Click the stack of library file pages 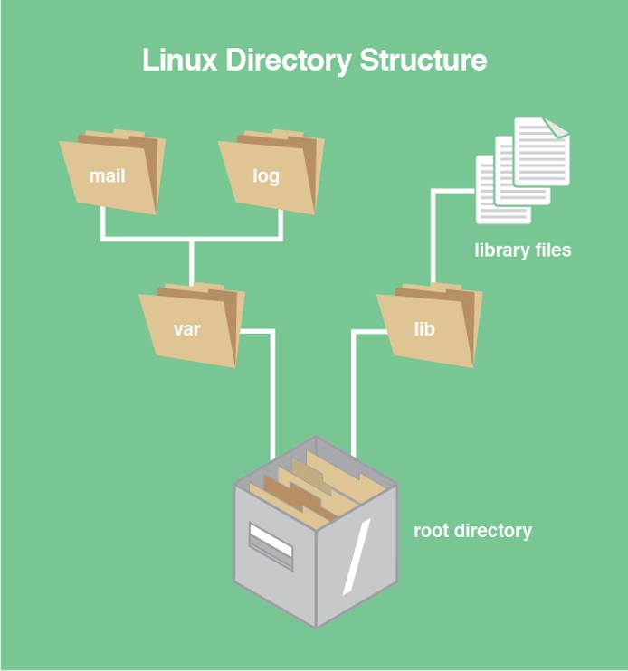(523, 169)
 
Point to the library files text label (522, 250)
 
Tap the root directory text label (472, 530)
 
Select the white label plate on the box (271, 545)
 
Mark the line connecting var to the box (271, 389)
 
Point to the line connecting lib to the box (352, 389)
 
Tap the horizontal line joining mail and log (191, 240)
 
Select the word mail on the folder (107, 175)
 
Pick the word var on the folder (186, 329)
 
